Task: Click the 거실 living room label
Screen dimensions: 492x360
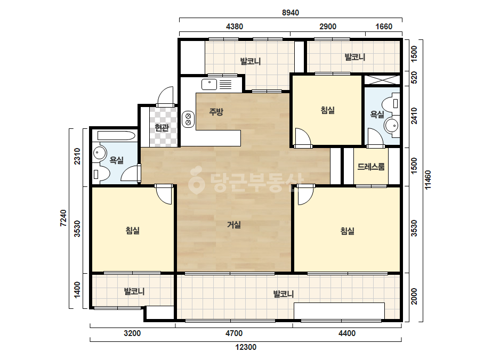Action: pyautogui.click(x=234, y=225)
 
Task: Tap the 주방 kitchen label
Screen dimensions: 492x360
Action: pyautogui.click(x=216, y=112)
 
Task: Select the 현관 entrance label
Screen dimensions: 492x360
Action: pyautogui.click(x=162, y=128)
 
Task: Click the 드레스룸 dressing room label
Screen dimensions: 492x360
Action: pyautogui.click(x=371, y=167)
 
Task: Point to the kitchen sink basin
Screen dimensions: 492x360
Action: pyautogui.click(x=209, y=84)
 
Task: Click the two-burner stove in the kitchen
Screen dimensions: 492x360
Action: pyautogui.click(x=188, y=119)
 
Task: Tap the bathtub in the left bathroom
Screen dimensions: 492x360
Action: pyautogui.click(x=116, y=136)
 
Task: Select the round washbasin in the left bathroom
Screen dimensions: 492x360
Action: pyautogui.click(x=100, y=153)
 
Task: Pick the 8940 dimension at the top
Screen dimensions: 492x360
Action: pyautogui.click(x=291, y=13)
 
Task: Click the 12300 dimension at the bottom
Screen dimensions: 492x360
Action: pyautogui.click(x=246, y=347)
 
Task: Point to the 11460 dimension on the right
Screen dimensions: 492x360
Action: pyautogui.click(x=428, y=179)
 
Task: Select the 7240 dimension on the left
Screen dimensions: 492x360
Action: pyautogui.click(x=63, y=218)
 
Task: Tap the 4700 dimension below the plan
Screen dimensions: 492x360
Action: pyautogui.click(x=234, y=333)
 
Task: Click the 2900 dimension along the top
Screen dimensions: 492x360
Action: pyautogui.click(x=328, y=26)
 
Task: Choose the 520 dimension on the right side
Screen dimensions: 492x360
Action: pyautogui.click(x=414, y=77)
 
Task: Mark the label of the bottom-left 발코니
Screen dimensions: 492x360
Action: pyautogui.click(x=134, y=292)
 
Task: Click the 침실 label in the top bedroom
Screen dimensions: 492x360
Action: pyautogui.click(x=328, y=110)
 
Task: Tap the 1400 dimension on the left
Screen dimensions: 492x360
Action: pyautogui.click(x=77, y=290)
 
